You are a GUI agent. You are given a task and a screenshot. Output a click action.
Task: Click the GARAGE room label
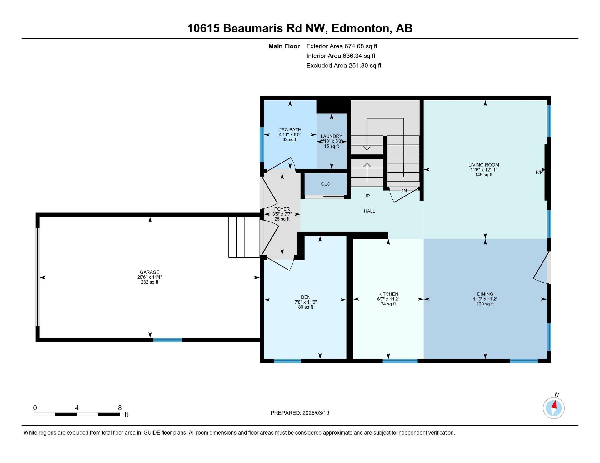pos(150,272)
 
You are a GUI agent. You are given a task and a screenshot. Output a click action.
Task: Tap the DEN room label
pos(306,297)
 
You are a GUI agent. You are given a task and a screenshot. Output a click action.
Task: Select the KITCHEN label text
pos(388,294)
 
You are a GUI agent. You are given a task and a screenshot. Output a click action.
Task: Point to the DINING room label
pos(485,294)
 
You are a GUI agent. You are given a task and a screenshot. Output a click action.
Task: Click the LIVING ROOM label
pos(484,165)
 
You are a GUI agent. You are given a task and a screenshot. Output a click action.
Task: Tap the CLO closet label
pos(326,184)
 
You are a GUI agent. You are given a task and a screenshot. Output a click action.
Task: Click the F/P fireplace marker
pos(539,172)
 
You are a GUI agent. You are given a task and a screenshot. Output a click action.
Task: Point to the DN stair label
pos(403,191)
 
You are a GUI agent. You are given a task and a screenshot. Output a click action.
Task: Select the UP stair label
pos(367,196)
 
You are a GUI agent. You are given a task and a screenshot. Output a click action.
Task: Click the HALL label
pos(369,211)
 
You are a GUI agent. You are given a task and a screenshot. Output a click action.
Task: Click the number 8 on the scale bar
pos(120,408)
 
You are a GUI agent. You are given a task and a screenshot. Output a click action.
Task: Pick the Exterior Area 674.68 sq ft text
pos(342,46)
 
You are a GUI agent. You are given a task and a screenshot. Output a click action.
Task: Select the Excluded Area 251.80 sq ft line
pos(344,66)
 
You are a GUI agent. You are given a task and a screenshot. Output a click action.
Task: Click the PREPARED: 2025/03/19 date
pos(300,413)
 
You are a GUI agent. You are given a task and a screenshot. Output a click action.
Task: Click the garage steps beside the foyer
pos(244,237)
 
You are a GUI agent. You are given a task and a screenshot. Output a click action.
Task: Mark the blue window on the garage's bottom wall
pos(167,340)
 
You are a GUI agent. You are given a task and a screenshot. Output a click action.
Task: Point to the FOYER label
pos(282,209)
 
